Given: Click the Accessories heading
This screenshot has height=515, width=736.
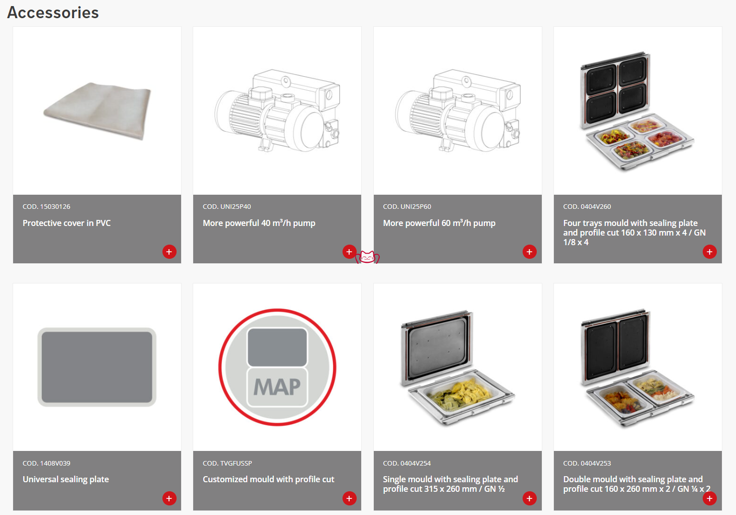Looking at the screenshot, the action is pos(53,13).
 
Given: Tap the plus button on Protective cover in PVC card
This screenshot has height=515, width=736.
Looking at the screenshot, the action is pos(169,252).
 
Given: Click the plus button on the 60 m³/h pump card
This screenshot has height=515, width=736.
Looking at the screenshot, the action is pos(529,252).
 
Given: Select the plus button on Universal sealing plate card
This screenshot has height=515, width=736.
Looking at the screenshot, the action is pos(169,498).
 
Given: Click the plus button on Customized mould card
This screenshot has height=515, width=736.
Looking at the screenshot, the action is pos(349,498).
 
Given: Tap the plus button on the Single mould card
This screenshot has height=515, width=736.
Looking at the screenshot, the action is pos(529,498).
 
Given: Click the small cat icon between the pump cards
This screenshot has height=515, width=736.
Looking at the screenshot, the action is pos(367,257).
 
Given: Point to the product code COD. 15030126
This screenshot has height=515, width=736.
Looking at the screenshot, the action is pos(46,207).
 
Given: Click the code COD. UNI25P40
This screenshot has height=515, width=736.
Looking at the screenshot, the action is pos(227,207).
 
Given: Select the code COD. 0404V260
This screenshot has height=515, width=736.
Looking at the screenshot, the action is pos(587,207).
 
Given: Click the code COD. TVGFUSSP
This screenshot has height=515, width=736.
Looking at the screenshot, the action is pos(228,463).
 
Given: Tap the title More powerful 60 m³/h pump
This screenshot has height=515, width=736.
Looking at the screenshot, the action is pos(439,223).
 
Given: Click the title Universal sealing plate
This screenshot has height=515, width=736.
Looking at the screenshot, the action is pos(66,479).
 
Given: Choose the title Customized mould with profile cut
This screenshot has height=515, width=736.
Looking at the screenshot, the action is pos(268,479).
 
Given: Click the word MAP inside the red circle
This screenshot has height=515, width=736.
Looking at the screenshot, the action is pos(277,387).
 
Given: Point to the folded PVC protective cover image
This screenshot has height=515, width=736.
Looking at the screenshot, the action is pos(97,110).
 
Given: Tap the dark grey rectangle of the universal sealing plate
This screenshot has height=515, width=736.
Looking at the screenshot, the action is pos(97,367).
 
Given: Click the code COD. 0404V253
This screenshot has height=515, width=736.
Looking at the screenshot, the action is pos(587,463).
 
